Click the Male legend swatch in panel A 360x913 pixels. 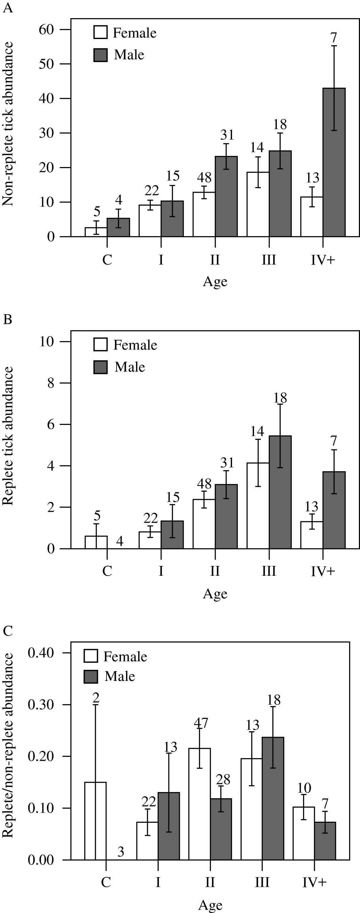coord(100,55)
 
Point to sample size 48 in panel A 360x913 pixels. coord(204,177)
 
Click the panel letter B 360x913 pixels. coord(7,319)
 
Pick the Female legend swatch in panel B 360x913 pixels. coord(100,345)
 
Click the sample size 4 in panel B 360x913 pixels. coord(119,541)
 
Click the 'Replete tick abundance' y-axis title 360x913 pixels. coord(8,436)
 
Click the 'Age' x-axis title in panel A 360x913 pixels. coord(215,282)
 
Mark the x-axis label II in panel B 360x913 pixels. coord(215,571)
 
